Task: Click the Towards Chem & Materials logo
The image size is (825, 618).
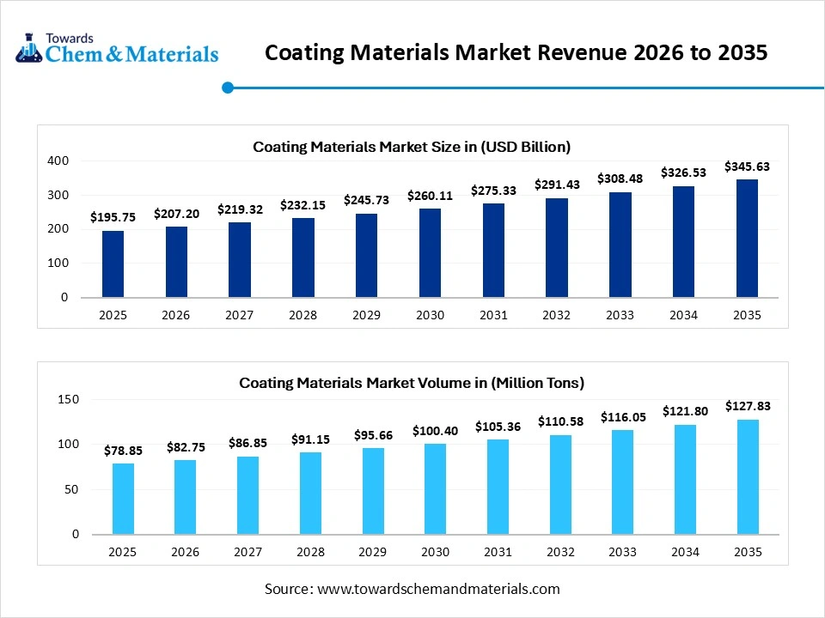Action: pos(117,49)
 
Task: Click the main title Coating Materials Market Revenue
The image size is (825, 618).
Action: pos(516,53)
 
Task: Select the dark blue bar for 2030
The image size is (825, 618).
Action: pos(430,253)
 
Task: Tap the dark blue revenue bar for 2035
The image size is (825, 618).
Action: pos(747,239)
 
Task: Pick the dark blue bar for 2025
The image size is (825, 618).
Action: pos(113,264)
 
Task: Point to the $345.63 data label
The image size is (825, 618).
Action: pos(747,167)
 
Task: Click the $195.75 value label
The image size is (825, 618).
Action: pos(113,218)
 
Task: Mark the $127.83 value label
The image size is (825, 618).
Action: pos(747,406)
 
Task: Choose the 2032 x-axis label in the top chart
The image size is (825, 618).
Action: pos(556,315)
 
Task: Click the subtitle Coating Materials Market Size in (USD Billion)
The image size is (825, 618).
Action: pos(412,147)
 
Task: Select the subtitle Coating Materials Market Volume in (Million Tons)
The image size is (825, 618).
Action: pos(412,382)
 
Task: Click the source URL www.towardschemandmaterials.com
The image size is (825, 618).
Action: pos(438,589)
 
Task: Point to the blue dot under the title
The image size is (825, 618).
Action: pos(228,87)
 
